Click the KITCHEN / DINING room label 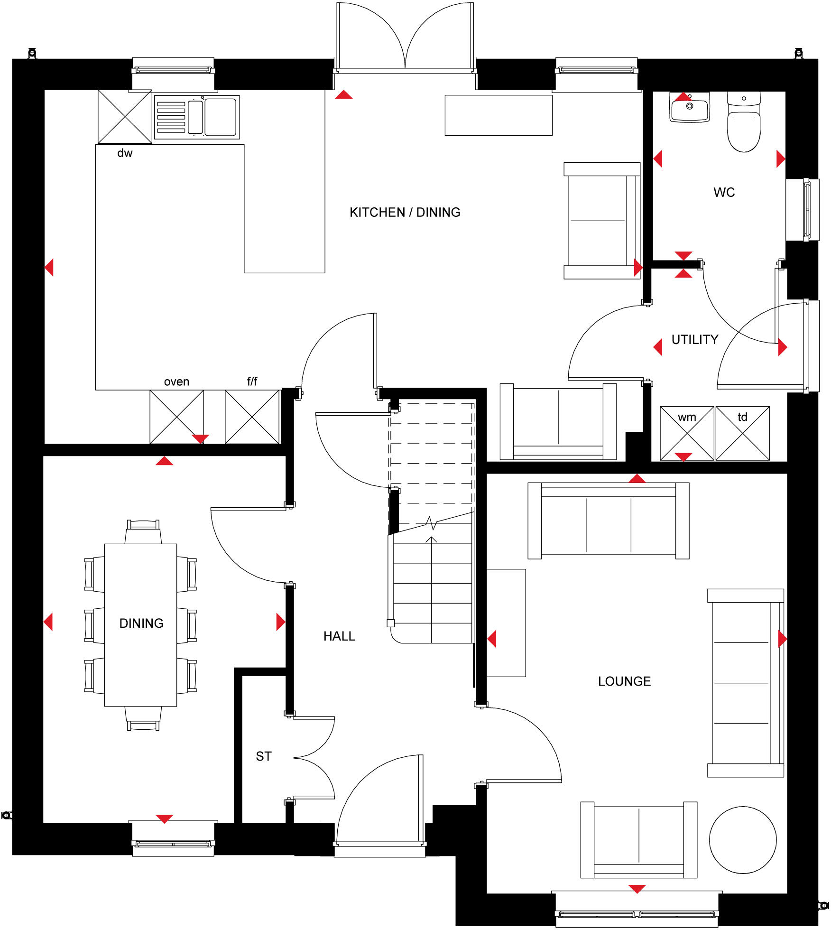point(405,212)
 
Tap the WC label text point(724,192)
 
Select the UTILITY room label point(694,339)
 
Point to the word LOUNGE point(624,681)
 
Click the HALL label point(339,636)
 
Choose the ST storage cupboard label point(264,756)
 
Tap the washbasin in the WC point(689,108)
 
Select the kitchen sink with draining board point(197,117)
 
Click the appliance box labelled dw point(125,117)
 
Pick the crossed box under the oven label point(176,417)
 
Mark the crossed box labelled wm point(686,433)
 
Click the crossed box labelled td point(742,433)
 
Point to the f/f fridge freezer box point(252,417)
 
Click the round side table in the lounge point(742,840)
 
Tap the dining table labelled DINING point(140,624)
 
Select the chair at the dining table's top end point(143,532)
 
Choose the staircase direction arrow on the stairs point(431,539)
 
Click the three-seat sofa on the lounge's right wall point(745,683)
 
